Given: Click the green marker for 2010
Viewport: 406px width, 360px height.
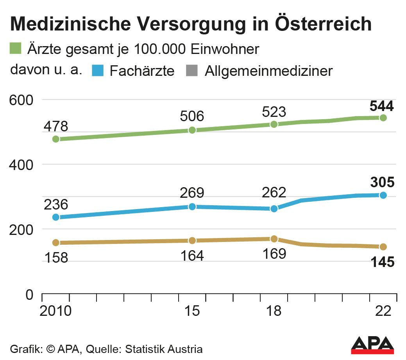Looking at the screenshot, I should click(x=56, y=139).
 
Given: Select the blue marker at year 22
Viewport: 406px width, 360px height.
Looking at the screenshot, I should click(x=383, y=195).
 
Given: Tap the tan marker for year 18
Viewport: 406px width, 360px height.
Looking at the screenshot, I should click(x=274, y=239).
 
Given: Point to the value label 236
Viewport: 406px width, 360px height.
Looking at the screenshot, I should click(x=56, y=204).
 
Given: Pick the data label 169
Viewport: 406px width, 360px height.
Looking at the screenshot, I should click(x=274, y=253).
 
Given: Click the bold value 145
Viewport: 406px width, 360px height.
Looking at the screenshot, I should click(x=383, y=262).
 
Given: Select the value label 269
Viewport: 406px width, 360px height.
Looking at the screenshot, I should click(x=192, y=193).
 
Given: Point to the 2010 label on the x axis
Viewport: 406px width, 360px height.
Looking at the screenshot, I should click(x=56, y=312).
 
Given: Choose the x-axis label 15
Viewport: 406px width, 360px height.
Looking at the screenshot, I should click(x=192, y=312).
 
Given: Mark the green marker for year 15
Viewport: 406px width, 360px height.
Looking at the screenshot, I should click(x=192, y=130).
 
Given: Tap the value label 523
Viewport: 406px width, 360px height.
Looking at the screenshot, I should click(x=274, y=112).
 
